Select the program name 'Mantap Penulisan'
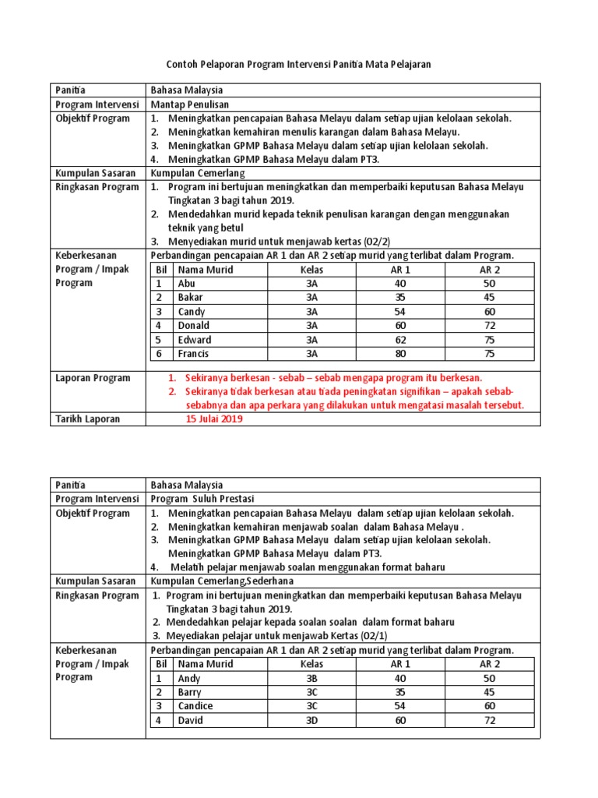pos(189,104)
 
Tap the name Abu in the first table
pos(186,284)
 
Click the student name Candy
pos(192,312)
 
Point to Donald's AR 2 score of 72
pos(489,326)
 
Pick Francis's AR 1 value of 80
pos(400,354)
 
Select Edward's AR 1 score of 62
pos(400,340)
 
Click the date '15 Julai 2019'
pos(214,419)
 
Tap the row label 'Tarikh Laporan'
pos(88,419)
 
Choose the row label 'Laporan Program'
pos(93,378)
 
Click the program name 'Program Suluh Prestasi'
pos(202,499)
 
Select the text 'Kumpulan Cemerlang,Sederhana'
pos(216,581)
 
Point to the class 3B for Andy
pos(311,679)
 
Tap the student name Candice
pos(195,706)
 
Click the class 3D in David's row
pos(311,721)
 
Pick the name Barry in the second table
pos(189,692)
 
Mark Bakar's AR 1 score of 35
pos(400,298)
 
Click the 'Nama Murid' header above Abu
pos(206,270)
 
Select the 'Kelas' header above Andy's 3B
pos(311,664)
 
